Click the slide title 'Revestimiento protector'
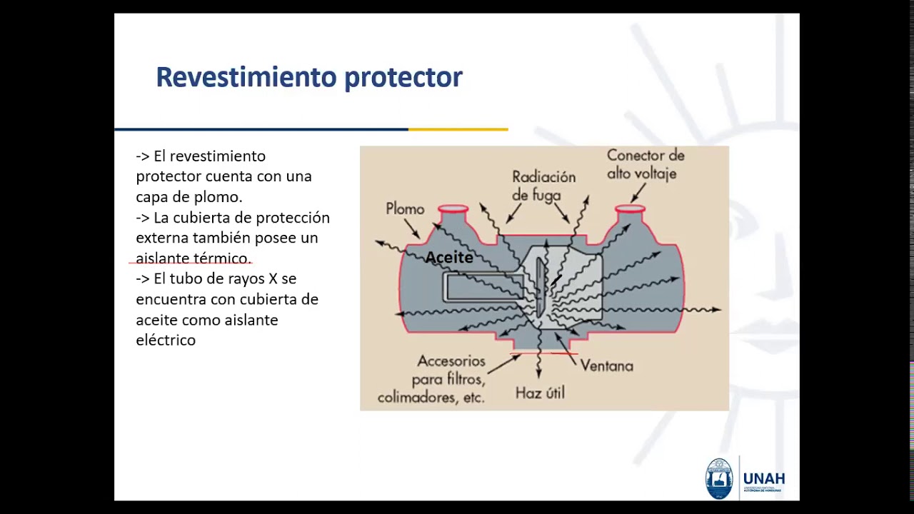tap(309, 77)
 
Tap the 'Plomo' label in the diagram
tap(405, 209)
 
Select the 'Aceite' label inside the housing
tap(449, 258)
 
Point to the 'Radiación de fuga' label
tap(543, 186)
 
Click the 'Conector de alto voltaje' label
tap(645, 164)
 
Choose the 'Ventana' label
tap(606, 366)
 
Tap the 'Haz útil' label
tap(540, 393)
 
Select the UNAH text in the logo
tap(763, 478)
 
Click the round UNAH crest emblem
tap(719, 478)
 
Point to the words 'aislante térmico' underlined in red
tap(193, 258)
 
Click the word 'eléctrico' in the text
tap(166, 340)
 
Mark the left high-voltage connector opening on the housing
tap(453, 210)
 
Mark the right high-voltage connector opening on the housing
tap(630, 210)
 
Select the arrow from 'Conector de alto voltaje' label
tap(638, 191)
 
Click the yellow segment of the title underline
tap(458, 129)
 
